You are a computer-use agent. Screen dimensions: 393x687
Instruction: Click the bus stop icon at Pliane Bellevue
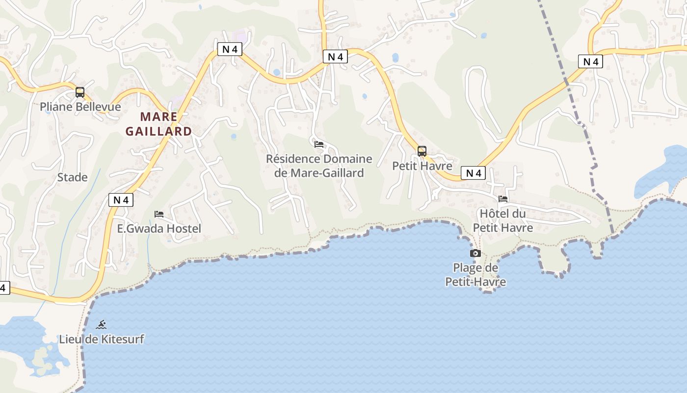(80, 92)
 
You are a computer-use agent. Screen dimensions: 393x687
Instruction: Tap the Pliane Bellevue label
(80, 107)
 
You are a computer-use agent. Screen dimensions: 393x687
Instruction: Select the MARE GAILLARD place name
(159, 124)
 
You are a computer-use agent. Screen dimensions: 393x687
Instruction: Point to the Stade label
(73, 177)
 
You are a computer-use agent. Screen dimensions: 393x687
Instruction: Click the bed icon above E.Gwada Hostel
(159, 214)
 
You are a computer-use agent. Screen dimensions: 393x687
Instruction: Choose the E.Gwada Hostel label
(159, 228)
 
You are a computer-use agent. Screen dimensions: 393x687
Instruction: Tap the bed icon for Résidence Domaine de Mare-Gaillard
(319, 144)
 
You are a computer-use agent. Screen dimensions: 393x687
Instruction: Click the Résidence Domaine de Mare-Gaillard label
(319, 166)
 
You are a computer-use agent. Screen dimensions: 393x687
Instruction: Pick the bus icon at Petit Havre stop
(422, 151)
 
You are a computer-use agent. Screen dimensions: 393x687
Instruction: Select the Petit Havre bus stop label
(422, 166)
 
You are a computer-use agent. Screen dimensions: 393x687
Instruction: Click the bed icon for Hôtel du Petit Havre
(503, 199)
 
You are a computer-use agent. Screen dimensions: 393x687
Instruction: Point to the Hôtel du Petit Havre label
(503, 221)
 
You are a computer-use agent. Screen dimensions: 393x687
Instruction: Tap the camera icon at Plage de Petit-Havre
(476, 253)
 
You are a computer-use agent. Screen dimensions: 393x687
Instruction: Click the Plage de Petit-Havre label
(476, 275)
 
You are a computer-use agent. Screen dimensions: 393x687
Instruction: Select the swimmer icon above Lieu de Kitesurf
(102, 325)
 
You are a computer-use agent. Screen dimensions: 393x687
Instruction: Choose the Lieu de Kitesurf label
(102, 339)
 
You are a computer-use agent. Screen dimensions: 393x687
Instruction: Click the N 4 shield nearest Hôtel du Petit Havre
(473, 173)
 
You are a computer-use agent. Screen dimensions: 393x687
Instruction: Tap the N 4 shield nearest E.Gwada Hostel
(121, 200)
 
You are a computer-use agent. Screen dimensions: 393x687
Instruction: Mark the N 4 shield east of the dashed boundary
(590, 61)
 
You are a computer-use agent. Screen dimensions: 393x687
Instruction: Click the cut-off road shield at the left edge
(4, 288)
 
